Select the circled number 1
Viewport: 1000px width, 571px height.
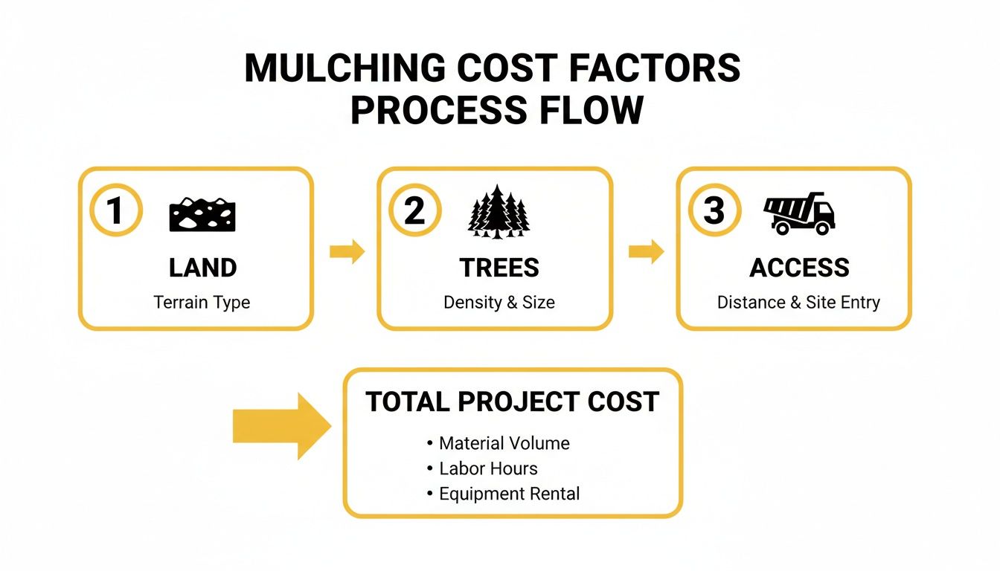pos(115,211)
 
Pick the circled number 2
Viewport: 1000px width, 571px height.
pos(414,211)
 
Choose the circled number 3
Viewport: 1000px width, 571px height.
pos(714,211)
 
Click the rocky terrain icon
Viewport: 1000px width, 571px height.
pos(203,214)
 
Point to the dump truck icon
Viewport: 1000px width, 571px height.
pos(800,213)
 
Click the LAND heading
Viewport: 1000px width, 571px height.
pos(202,268)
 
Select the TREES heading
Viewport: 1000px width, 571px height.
pos(499,268)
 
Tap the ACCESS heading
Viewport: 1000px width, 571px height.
pos(799,268)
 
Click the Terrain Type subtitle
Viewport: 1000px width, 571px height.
pos(202,303)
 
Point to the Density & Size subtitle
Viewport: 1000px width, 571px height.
pos(499,303)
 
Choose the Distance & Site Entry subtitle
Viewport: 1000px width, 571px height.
pos(798,303)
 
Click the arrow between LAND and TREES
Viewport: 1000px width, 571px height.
pos(347,252)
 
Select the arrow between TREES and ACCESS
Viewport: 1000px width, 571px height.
pos(646,252)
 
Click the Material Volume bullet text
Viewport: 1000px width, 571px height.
pos(504,444)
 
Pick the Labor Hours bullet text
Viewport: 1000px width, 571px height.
pos(488,468)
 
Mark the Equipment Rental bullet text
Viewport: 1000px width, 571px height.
pos(509,494)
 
